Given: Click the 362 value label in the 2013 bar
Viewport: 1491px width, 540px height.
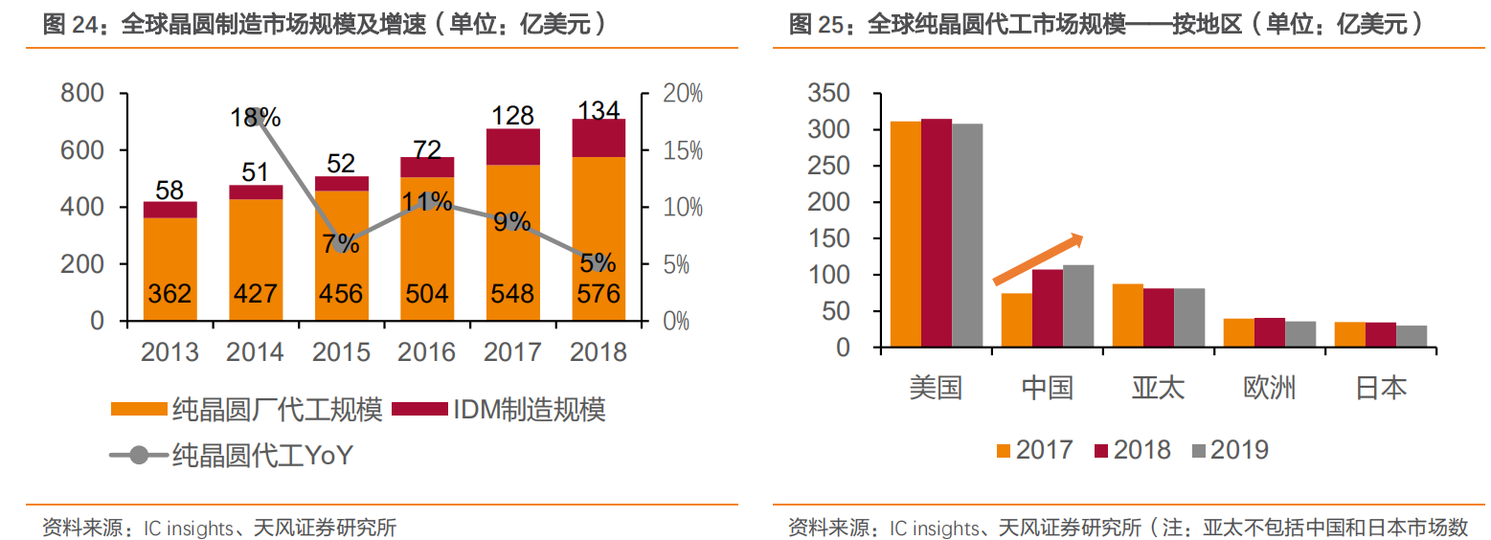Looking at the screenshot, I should (x=170, y=293).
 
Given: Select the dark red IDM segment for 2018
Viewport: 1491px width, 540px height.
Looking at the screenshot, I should (x=599, y=138).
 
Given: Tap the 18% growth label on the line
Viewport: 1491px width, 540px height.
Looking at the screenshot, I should (x=256, y=118).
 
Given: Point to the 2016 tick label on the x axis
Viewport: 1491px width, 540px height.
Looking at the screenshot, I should (x=427, y=352).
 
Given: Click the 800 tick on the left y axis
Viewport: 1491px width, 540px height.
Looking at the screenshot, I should (x=82, y=94).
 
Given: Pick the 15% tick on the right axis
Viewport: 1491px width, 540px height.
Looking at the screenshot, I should (x=683, y=150).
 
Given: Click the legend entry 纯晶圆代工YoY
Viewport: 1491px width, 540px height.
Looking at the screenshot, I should (x=261, y=456).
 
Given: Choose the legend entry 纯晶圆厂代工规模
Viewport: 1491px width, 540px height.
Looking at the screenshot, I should (x=277, y=411).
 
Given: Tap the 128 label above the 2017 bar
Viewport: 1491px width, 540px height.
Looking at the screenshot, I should (x=512, y=116).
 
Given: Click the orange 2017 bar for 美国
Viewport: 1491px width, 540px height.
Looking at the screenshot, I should (x=906, y=234).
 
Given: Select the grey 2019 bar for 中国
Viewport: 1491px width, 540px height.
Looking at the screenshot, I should (x=1078, y=305).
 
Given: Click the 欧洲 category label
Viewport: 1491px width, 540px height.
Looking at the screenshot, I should (x=1270, y=388).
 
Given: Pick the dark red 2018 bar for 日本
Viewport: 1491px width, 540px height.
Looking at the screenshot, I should (x=1380, y=334).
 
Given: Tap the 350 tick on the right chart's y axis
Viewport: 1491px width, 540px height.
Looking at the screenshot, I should (x=829, y=94).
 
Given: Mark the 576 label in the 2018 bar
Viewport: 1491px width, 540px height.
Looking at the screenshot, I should (x=599, y=293).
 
